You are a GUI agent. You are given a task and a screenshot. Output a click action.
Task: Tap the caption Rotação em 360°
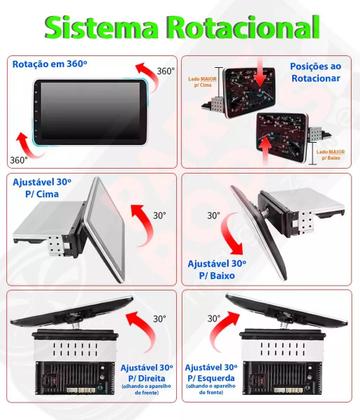coord(54,64)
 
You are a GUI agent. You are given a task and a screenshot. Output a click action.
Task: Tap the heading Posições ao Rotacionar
coord(318,71)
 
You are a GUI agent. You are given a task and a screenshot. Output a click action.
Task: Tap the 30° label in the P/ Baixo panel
coord(214,215)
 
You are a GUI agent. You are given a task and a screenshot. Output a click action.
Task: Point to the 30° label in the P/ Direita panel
coord(159,320)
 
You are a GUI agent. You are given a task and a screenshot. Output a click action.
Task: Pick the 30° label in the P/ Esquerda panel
coord(214,318)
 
